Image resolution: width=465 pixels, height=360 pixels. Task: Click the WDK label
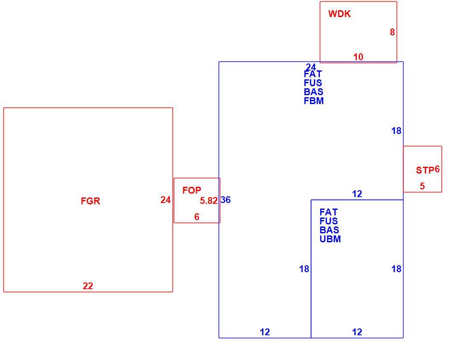(339, 14)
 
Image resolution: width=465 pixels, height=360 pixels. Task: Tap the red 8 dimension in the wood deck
(392, 32)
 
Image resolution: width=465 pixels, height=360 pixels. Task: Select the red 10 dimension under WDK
(358, 57)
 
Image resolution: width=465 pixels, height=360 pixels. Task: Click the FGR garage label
(91, 201)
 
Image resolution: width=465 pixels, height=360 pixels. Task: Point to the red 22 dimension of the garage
(88, 286)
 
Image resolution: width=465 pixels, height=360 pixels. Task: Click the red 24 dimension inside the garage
(166, 200)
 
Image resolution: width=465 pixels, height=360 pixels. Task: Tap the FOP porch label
(192, 190)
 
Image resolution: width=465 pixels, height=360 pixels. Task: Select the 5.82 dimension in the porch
(209, 201)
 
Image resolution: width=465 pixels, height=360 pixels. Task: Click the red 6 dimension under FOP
(196, 217)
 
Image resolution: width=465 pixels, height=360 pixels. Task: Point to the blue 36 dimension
(225, 200)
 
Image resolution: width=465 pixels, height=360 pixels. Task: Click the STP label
(425, 170)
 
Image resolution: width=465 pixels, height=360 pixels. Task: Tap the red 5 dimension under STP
(422, 186)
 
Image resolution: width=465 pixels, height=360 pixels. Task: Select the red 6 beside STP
(437, 169)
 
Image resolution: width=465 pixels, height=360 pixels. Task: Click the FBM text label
(313, 101)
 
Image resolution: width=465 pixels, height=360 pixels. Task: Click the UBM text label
(330, 239)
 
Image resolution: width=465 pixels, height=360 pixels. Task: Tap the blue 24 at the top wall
(311, 67)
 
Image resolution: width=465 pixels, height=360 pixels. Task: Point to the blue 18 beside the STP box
(396, 131)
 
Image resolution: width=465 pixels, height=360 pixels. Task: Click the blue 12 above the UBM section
(357, 194)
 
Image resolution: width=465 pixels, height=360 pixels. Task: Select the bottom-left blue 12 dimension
(265, 332)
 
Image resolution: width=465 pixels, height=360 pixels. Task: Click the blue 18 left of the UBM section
(304, 269)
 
